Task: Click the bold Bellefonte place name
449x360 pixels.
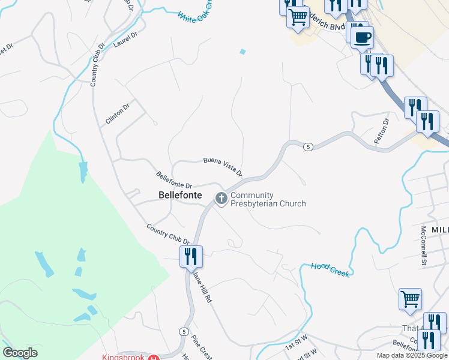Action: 180,195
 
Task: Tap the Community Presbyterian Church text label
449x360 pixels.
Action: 268,199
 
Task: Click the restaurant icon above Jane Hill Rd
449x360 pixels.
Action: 191,256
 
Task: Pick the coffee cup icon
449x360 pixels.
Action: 361,38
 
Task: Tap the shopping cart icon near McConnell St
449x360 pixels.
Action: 410,299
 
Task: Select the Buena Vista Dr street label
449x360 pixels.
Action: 223,166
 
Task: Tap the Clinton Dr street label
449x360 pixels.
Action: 118,113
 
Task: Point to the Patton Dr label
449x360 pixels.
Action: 382,131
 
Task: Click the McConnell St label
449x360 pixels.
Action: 423,245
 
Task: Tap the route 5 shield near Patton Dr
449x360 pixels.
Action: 307,147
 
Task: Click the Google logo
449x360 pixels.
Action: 20,353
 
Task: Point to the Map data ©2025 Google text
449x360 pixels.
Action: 412,355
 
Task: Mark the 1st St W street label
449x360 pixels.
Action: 297,345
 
